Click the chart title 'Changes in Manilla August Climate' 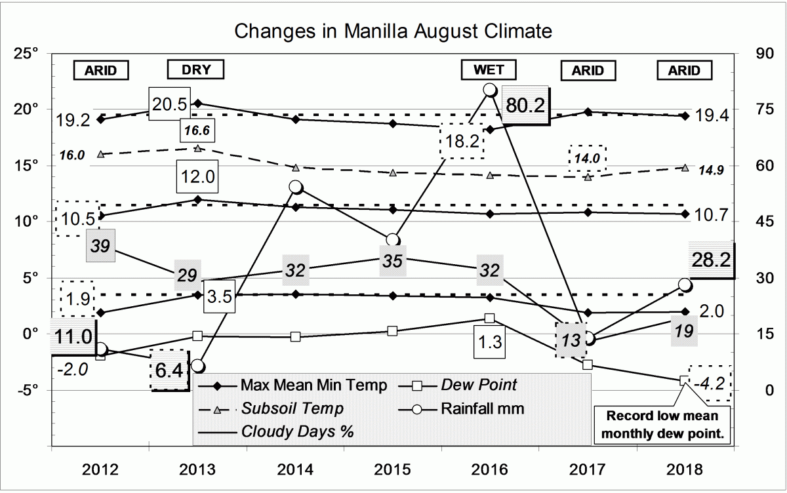[393, 31]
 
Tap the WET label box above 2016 [489, 69]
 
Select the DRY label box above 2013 [195, 69]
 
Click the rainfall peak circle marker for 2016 [489, 90]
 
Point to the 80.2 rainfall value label [526, 104]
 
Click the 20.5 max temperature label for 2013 [169, 103]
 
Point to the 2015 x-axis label [392, 469]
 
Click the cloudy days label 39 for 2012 [101, 246]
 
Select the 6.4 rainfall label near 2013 [169, 370]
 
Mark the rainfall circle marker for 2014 [296, 187]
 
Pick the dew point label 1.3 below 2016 [489, 341]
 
